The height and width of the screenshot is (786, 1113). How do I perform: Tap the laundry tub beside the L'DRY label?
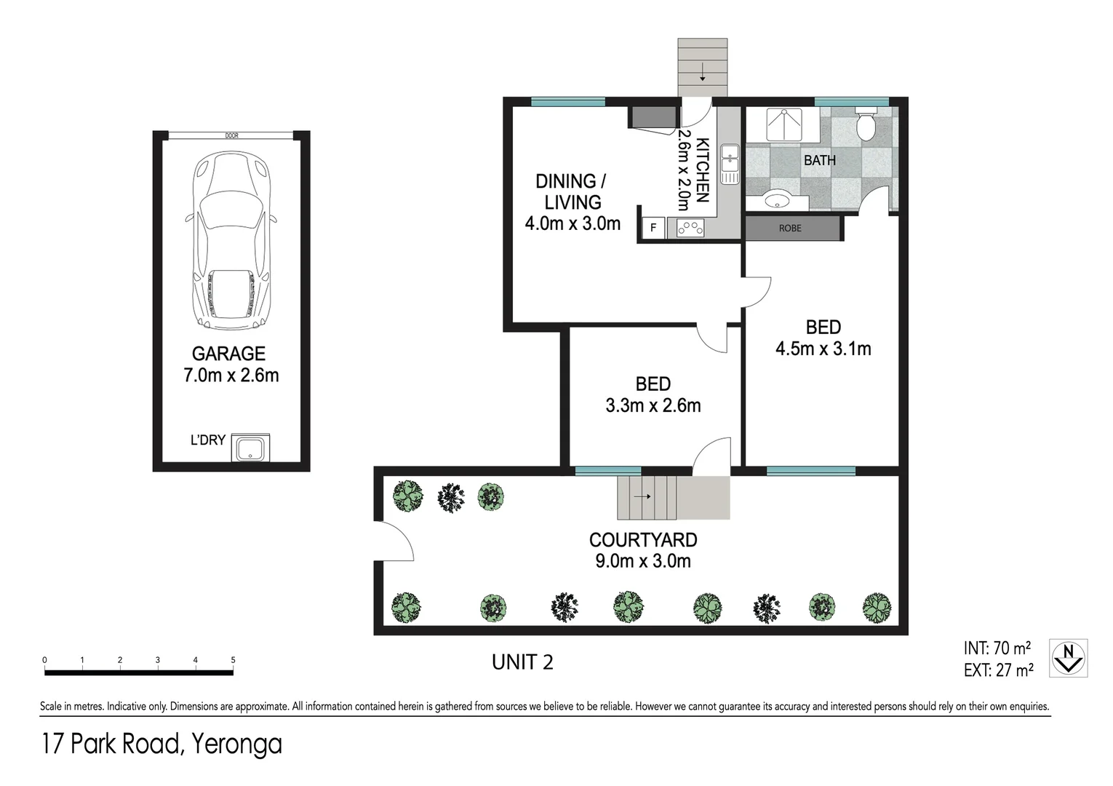250,448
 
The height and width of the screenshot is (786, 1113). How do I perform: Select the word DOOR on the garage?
231,135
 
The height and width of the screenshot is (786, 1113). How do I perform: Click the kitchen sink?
730,164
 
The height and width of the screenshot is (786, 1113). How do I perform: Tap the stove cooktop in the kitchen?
690,229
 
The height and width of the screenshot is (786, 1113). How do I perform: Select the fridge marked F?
653,229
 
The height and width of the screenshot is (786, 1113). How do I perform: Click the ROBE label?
790,229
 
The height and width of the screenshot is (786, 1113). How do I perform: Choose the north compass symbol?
1069,658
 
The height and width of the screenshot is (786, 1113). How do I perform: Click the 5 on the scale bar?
233,660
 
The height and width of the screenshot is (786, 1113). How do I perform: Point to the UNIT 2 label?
522,662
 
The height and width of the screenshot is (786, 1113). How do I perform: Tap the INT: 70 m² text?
997,648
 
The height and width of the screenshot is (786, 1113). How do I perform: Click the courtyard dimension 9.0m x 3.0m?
643,561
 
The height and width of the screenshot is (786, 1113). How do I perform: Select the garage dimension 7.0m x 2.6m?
231,375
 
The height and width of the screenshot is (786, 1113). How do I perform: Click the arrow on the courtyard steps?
642,496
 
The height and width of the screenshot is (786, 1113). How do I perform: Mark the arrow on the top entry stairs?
703,73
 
